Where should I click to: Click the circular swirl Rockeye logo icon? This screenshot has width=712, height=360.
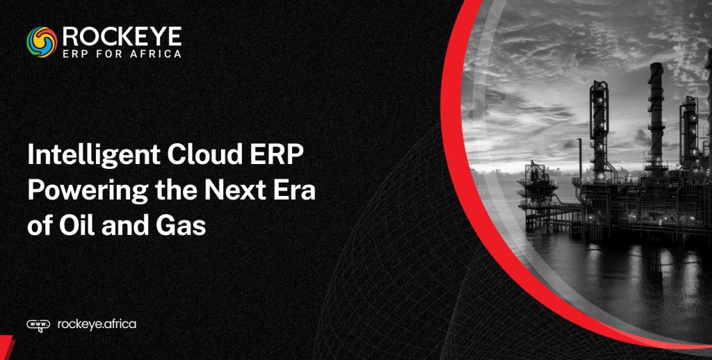pyautogui.click(x=41, y=42)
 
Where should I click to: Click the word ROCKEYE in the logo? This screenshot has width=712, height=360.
pyautogui.click(x=122, y=35)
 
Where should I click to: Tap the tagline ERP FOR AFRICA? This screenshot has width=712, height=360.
pyautogui.click(x=122, y=53)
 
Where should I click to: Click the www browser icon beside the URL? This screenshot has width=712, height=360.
pyautogui.click(x=38, y=325)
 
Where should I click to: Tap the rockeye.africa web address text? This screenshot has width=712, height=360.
pyautogui.click(x=97, y=324)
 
